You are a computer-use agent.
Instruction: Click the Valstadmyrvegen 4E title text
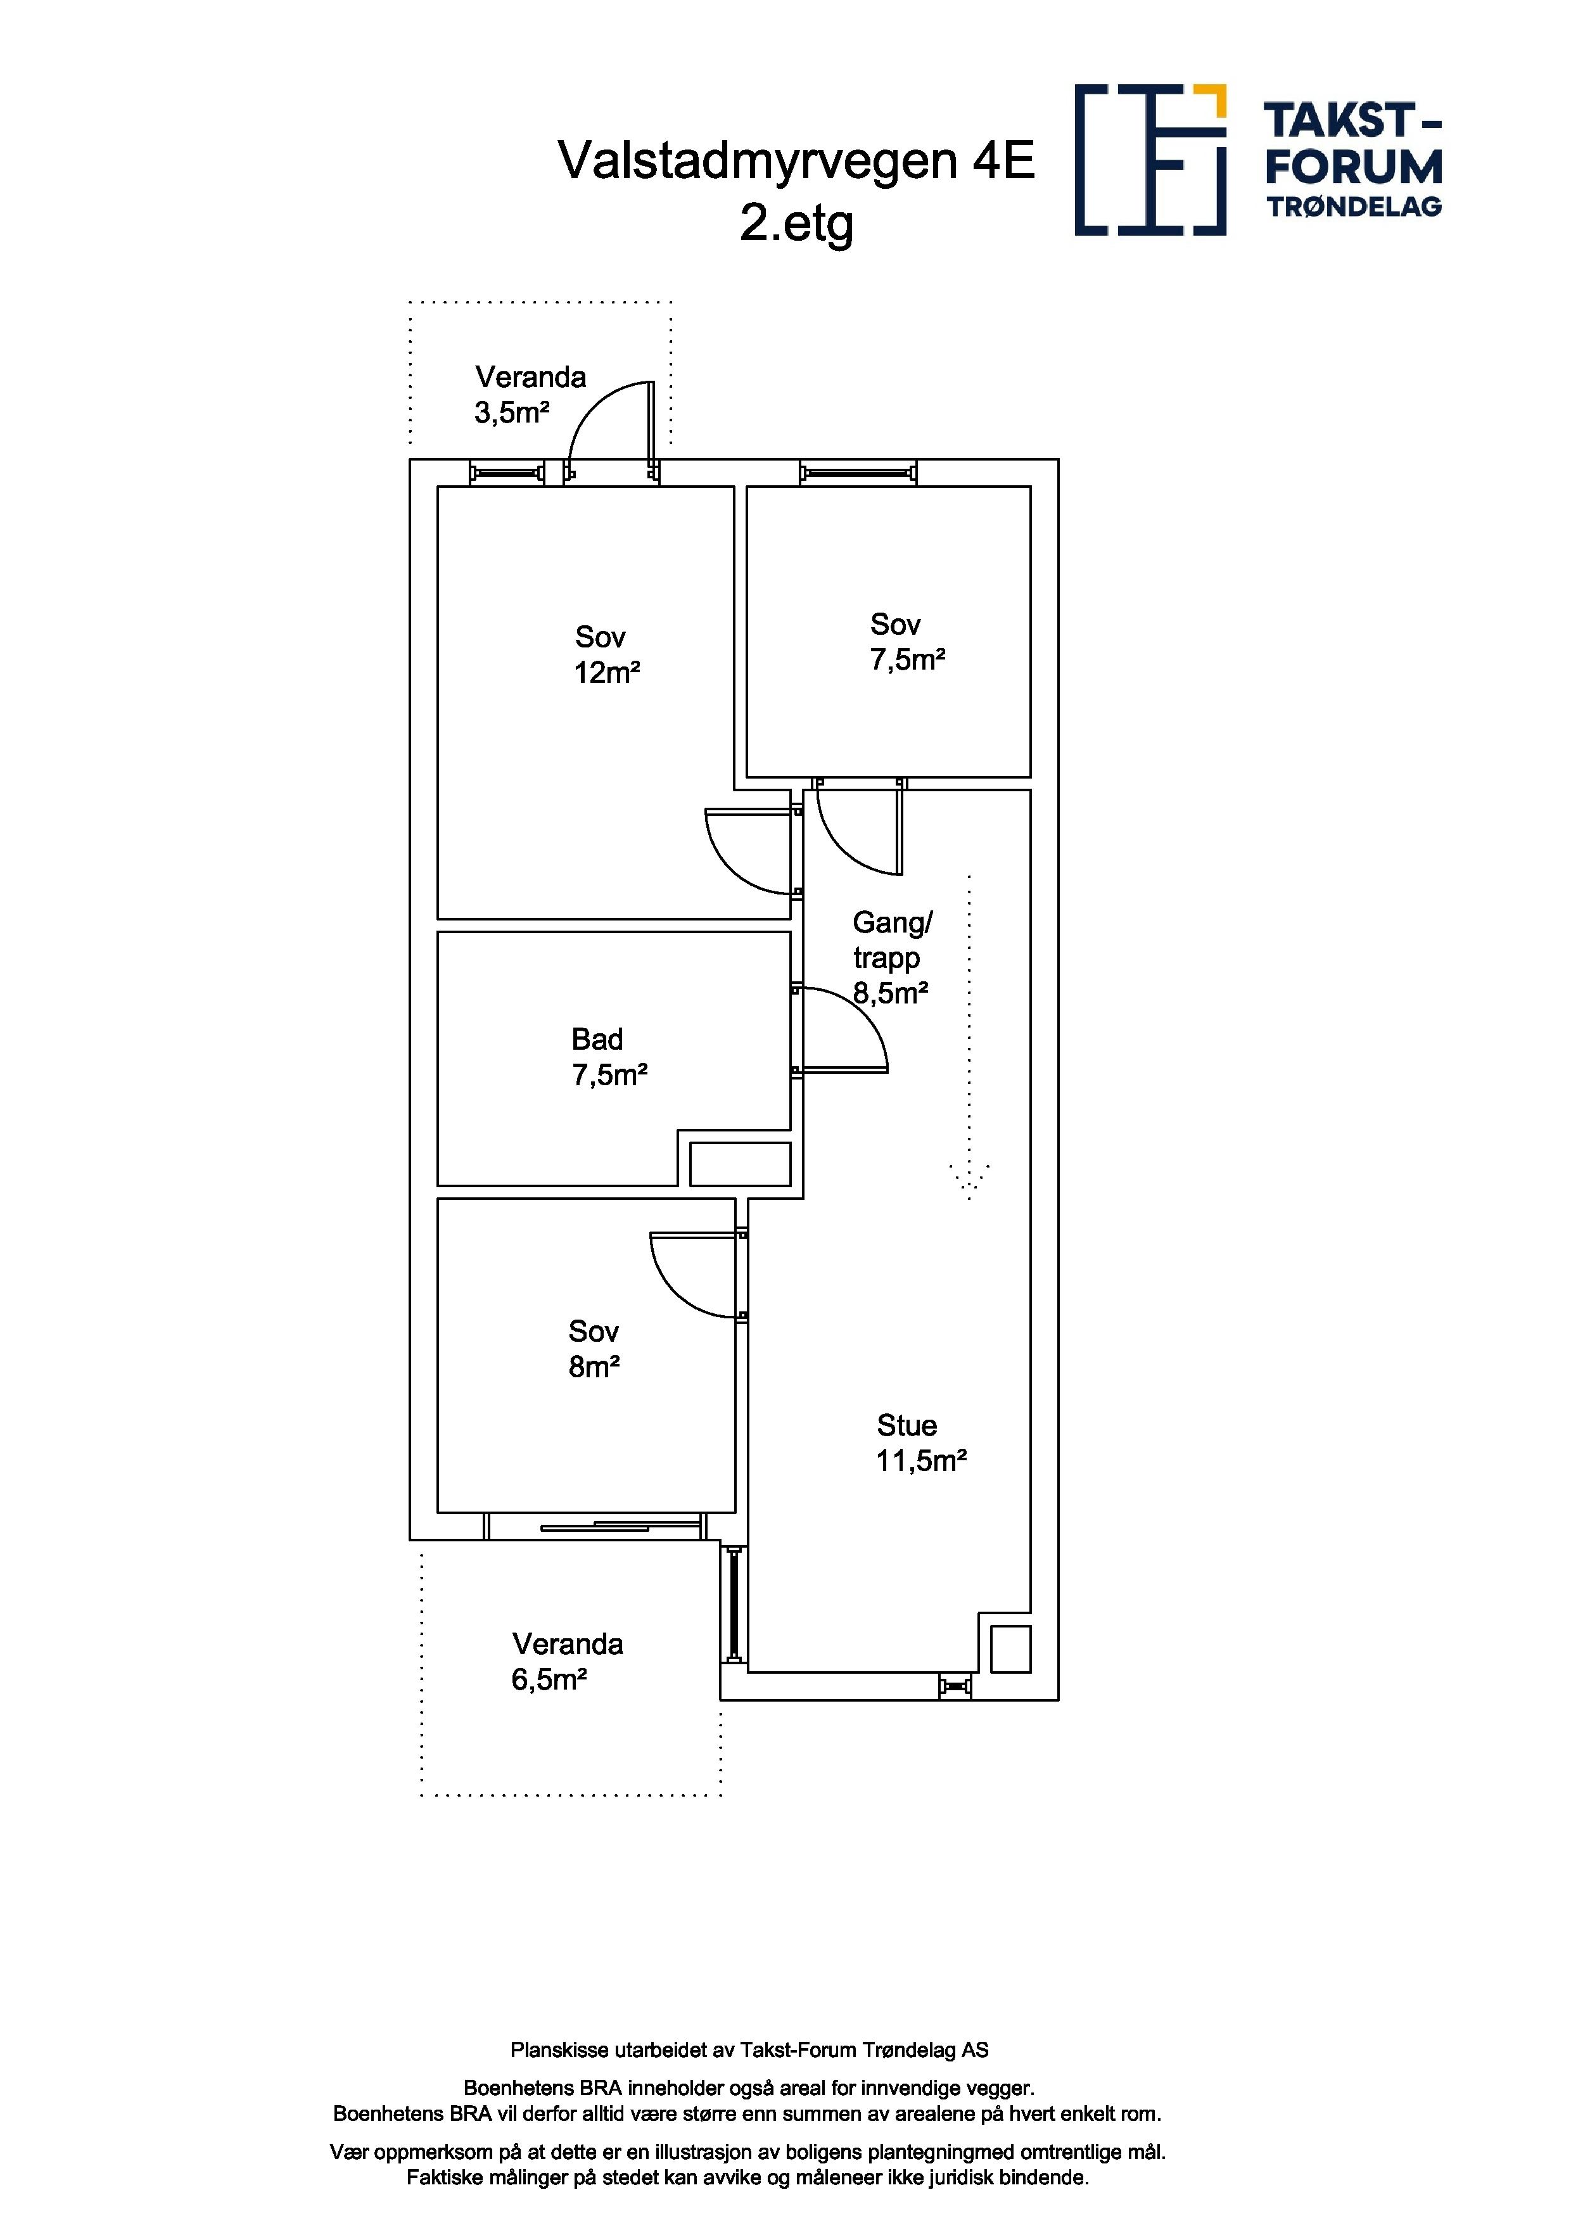[x=796, y=161]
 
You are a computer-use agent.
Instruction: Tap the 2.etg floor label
[x=797, y=224]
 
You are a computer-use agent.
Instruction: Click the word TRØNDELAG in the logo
[x=1354, y=207]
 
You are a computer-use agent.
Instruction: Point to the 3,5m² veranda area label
[x=512, y=414]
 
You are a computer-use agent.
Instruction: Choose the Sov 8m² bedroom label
[x=594, y=1349]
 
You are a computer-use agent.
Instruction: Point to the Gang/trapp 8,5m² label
[x=891, y=957]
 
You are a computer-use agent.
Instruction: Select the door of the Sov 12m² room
[x=750, y=851]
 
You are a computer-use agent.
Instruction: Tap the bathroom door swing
[x=844, y=1030]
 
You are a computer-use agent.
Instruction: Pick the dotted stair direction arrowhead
[x=969, y=1182]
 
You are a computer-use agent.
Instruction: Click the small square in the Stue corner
[x=1010, y=1649]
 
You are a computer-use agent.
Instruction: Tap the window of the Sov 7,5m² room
[x=858, y=473]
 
